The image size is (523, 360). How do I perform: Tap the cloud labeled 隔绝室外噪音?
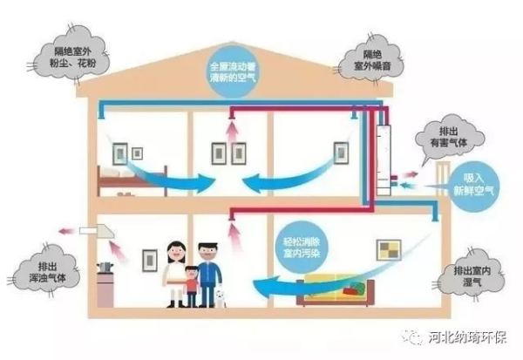click(x=370, y=61)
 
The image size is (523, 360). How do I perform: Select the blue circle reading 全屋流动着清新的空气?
click(x=233, y=71)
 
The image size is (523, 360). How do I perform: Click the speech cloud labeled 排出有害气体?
click(x=449, y=136)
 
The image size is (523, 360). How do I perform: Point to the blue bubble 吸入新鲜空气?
click(x=473, y=185)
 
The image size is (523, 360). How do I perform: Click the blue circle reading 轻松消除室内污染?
click(x=302, y=248)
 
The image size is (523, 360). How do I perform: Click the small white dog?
click(x=220, y=298)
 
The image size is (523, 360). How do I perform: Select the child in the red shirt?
click(x=192, y=286)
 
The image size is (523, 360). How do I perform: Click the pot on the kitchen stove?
click(x=105, y=268)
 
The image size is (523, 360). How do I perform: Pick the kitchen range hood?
click(x=97, y=232)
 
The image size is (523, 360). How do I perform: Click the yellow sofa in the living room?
click(x=336, y=289)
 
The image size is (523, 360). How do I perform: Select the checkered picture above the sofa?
click(x=389, y=250)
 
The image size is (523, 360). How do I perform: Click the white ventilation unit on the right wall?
click(x=384, y=160)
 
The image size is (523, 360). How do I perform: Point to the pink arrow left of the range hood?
click(x=66, y=231)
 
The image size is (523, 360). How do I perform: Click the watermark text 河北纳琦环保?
click(x=467, y=337)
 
